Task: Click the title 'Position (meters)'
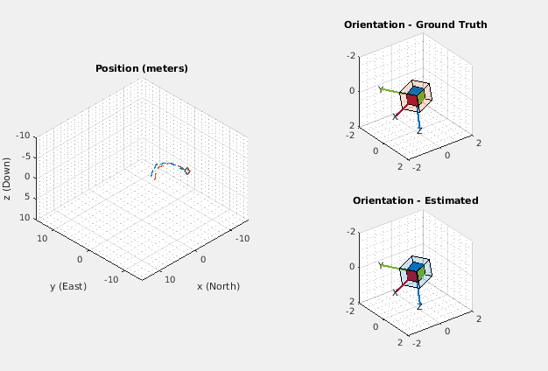(x=141, y=68)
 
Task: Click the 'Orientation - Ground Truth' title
(x=415, y=24)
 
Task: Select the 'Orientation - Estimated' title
(x=415, y=200)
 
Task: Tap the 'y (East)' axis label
(x=67, y=286)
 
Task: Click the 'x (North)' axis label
(x=218, y=286)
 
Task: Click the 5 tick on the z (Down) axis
(x=28, y=197)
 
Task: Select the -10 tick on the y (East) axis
(x=110, y=280)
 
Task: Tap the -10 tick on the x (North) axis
(x=244, y=237)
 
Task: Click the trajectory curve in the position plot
(x=172, y=164)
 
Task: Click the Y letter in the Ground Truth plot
(x=380, y=88)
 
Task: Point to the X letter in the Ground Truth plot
(x=396, y=115)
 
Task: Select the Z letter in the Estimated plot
(x=419, y=306)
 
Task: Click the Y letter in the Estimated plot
(x=380, y=264)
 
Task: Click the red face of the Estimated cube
(x=411, y=276)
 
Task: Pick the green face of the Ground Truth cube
(x=422, y=98)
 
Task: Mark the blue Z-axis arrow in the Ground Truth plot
(x=419, y=116)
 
